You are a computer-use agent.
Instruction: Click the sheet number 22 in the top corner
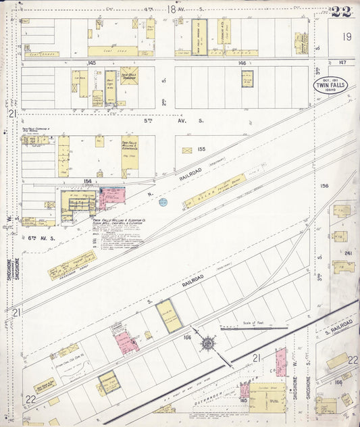click(341, 11)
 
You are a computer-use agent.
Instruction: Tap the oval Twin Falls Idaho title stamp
click(330, 86)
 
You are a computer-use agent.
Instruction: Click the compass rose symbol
click(207, 345)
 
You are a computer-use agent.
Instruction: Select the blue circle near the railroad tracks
click(163, 201)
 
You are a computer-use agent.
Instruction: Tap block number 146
click(242, 62)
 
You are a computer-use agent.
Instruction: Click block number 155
click(201, 149)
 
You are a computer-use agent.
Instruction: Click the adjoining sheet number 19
click(347, 37)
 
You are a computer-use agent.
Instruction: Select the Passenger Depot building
click(72, 264)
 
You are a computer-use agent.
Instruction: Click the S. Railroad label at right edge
click(338, 327)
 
